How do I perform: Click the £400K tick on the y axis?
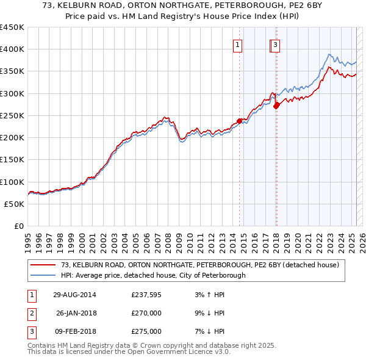[x=12, y=49]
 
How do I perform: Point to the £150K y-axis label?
[x=12, y=160]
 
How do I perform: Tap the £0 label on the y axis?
[x=18, y=226]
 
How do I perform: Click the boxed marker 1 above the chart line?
[x=237, y=44]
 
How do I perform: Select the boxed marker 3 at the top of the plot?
[x=276, y=44]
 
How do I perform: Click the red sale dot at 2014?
[x=240, y=121]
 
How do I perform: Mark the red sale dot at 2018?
[x=276, y=105]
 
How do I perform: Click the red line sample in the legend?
[x=43, y=265]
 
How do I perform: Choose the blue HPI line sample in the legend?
[x=43, y=275]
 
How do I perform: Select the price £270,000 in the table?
[x=146, y=314]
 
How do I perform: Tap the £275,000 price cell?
[x=146, y=331]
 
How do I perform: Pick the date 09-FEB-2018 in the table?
[x=74, y=331]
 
